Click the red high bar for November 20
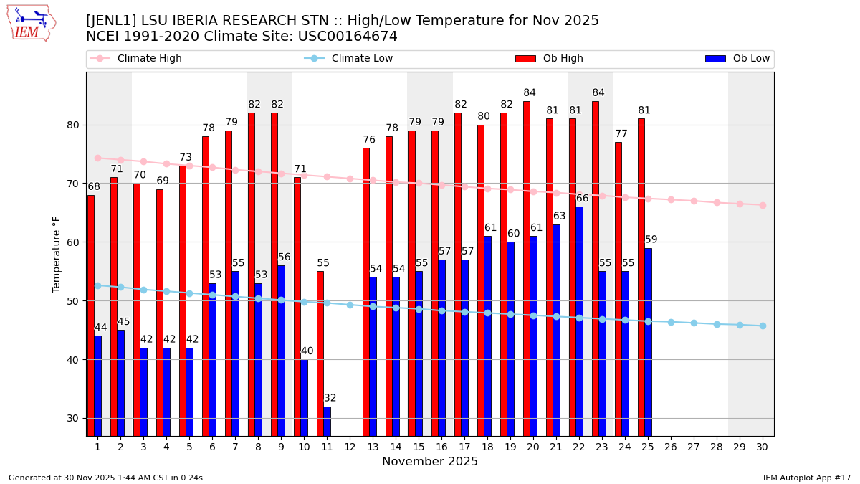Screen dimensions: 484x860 click(527, 268)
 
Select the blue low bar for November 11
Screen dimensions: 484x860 click(327, 421)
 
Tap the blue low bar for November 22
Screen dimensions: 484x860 click(579, 321)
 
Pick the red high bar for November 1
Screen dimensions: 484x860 click(91, 315)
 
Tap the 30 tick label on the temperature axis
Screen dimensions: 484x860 click(72, 418)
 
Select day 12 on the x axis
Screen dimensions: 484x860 click(350, 447)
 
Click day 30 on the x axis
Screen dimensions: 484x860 click(763, 447)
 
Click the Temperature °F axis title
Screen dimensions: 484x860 click(57, 254)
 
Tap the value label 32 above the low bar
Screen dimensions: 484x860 click(330, 398)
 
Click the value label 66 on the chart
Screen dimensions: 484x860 click(582, 199)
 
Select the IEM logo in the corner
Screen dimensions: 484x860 click(32, 23)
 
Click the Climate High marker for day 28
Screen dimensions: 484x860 click(717, 202)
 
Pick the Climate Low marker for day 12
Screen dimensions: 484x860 click(350, 305)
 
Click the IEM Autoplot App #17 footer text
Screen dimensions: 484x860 click(806, 478)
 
